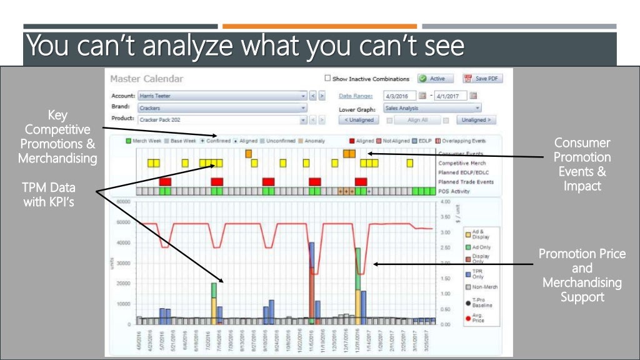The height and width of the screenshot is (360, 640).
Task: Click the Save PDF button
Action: coord(482,79)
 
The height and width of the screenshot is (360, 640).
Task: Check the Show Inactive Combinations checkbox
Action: coord(327,79)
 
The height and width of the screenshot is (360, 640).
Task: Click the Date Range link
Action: coord(356,96)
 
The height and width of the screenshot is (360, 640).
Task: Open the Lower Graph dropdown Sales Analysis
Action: coord(432,108)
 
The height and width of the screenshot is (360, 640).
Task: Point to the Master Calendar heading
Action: coord(147,79)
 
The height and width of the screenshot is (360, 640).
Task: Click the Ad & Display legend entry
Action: coord(480,234)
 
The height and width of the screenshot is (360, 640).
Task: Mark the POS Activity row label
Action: coord(454,191)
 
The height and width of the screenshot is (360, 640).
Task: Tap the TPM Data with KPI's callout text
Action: coord(48,194)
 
